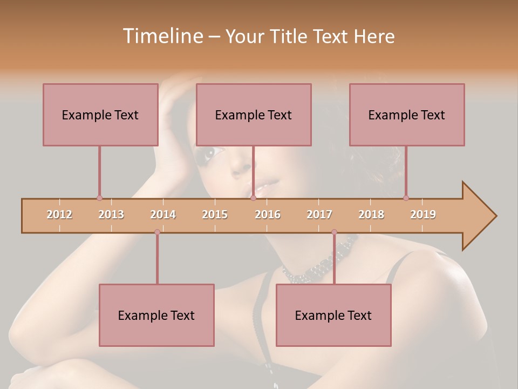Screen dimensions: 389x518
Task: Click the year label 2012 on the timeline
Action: pos(59,214)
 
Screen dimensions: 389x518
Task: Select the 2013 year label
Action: pos(111,214)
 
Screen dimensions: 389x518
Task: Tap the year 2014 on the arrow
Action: pos(163,214)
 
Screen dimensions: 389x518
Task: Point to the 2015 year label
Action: pos(215,214)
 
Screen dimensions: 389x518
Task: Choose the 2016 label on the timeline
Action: pos(268,214)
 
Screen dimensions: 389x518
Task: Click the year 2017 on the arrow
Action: pos(319,214)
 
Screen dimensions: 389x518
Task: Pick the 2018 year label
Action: pos(371,214)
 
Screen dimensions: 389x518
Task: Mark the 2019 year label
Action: pos(423,214)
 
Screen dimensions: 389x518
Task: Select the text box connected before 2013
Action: pos(100,115)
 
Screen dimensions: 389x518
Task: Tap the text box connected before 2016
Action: pos(254,115)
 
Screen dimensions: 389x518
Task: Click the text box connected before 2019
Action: pos(407,115)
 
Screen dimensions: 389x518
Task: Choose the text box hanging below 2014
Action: pos(156,315)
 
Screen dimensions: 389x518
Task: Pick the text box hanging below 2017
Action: pos(333,315)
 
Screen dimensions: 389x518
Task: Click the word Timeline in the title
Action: pos(162,36)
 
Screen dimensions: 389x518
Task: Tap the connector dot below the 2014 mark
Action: pos(157,232)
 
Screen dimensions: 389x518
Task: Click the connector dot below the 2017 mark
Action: pos(334,232)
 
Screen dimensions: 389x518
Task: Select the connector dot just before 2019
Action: pos(406,198)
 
